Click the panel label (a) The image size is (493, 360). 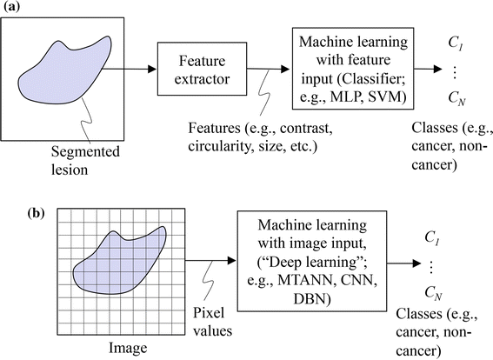pos(12,8)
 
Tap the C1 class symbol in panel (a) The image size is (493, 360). pos(455,36)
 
